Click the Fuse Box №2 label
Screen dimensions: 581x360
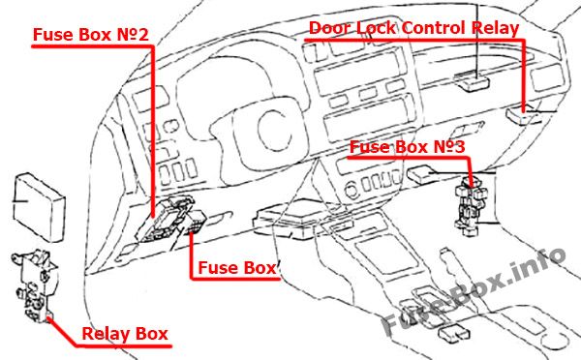click(x=91, y=34)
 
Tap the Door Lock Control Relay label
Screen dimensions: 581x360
click(x=413, y=28)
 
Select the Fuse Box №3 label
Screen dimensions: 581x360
click(x=407, y=147)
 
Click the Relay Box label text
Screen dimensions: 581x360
click(x=125, y=334)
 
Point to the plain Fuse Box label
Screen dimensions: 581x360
click(x=237, y=267)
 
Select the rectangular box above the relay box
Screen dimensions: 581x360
click(x=39, y=206)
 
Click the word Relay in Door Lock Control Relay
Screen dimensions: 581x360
click(x=496, y=28)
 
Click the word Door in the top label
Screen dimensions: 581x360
click(x=329, y=28)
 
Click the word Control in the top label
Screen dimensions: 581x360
click(x=433, y=28)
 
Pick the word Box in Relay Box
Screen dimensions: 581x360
click(x=152, y=334)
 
